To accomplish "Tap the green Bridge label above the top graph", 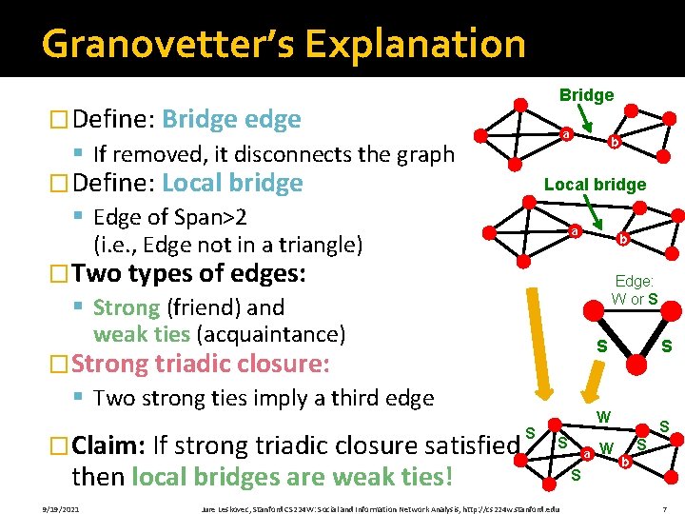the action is click(586, 95).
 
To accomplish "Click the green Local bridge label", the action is click(595, 185).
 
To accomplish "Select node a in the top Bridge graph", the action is click(565, 135).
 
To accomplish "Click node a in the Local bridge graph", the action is click(574, 231).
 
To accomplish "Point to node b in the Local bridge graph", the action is click(621, 239).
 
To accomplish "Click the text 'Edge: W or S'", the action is click(635, 291).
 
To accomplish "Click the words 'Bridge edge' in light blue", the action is click(231, 119).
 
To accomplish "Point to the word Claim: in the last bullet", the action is click(108, 445).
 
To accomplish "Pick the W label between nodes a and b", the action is click(606, 446).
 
